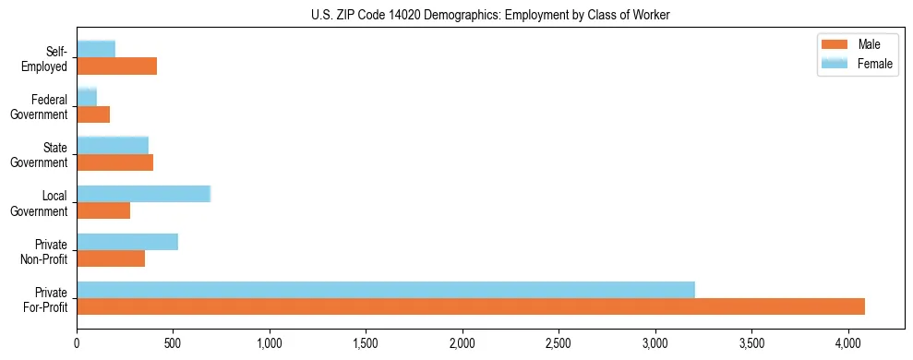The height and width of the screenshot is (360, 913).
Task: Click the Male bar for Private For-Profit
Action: (471, 306)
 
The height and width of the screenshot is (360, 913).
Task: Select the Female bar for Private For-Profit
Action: (386, 290)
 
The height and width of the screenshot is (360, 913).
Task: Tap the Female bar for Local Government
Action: (143, 194)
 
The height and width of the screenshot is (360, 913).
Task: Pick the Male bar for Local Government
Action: (103, 210)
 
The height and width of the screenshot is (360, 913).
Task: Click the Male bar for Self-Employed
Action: (117, 66)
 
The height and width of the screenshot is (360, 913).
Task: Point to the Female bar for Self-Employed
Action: (96, 49)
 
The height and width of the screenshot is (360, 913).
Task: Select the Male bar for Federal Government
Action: (93, 114)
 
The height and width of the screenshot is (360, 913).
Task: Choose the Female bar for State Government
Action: (113, 145)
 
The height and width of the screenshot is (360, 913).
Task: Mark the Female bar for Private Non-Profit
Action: (127, 242)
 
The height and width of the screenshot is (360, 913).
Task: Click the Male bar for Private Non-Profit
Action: (111, 258)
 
